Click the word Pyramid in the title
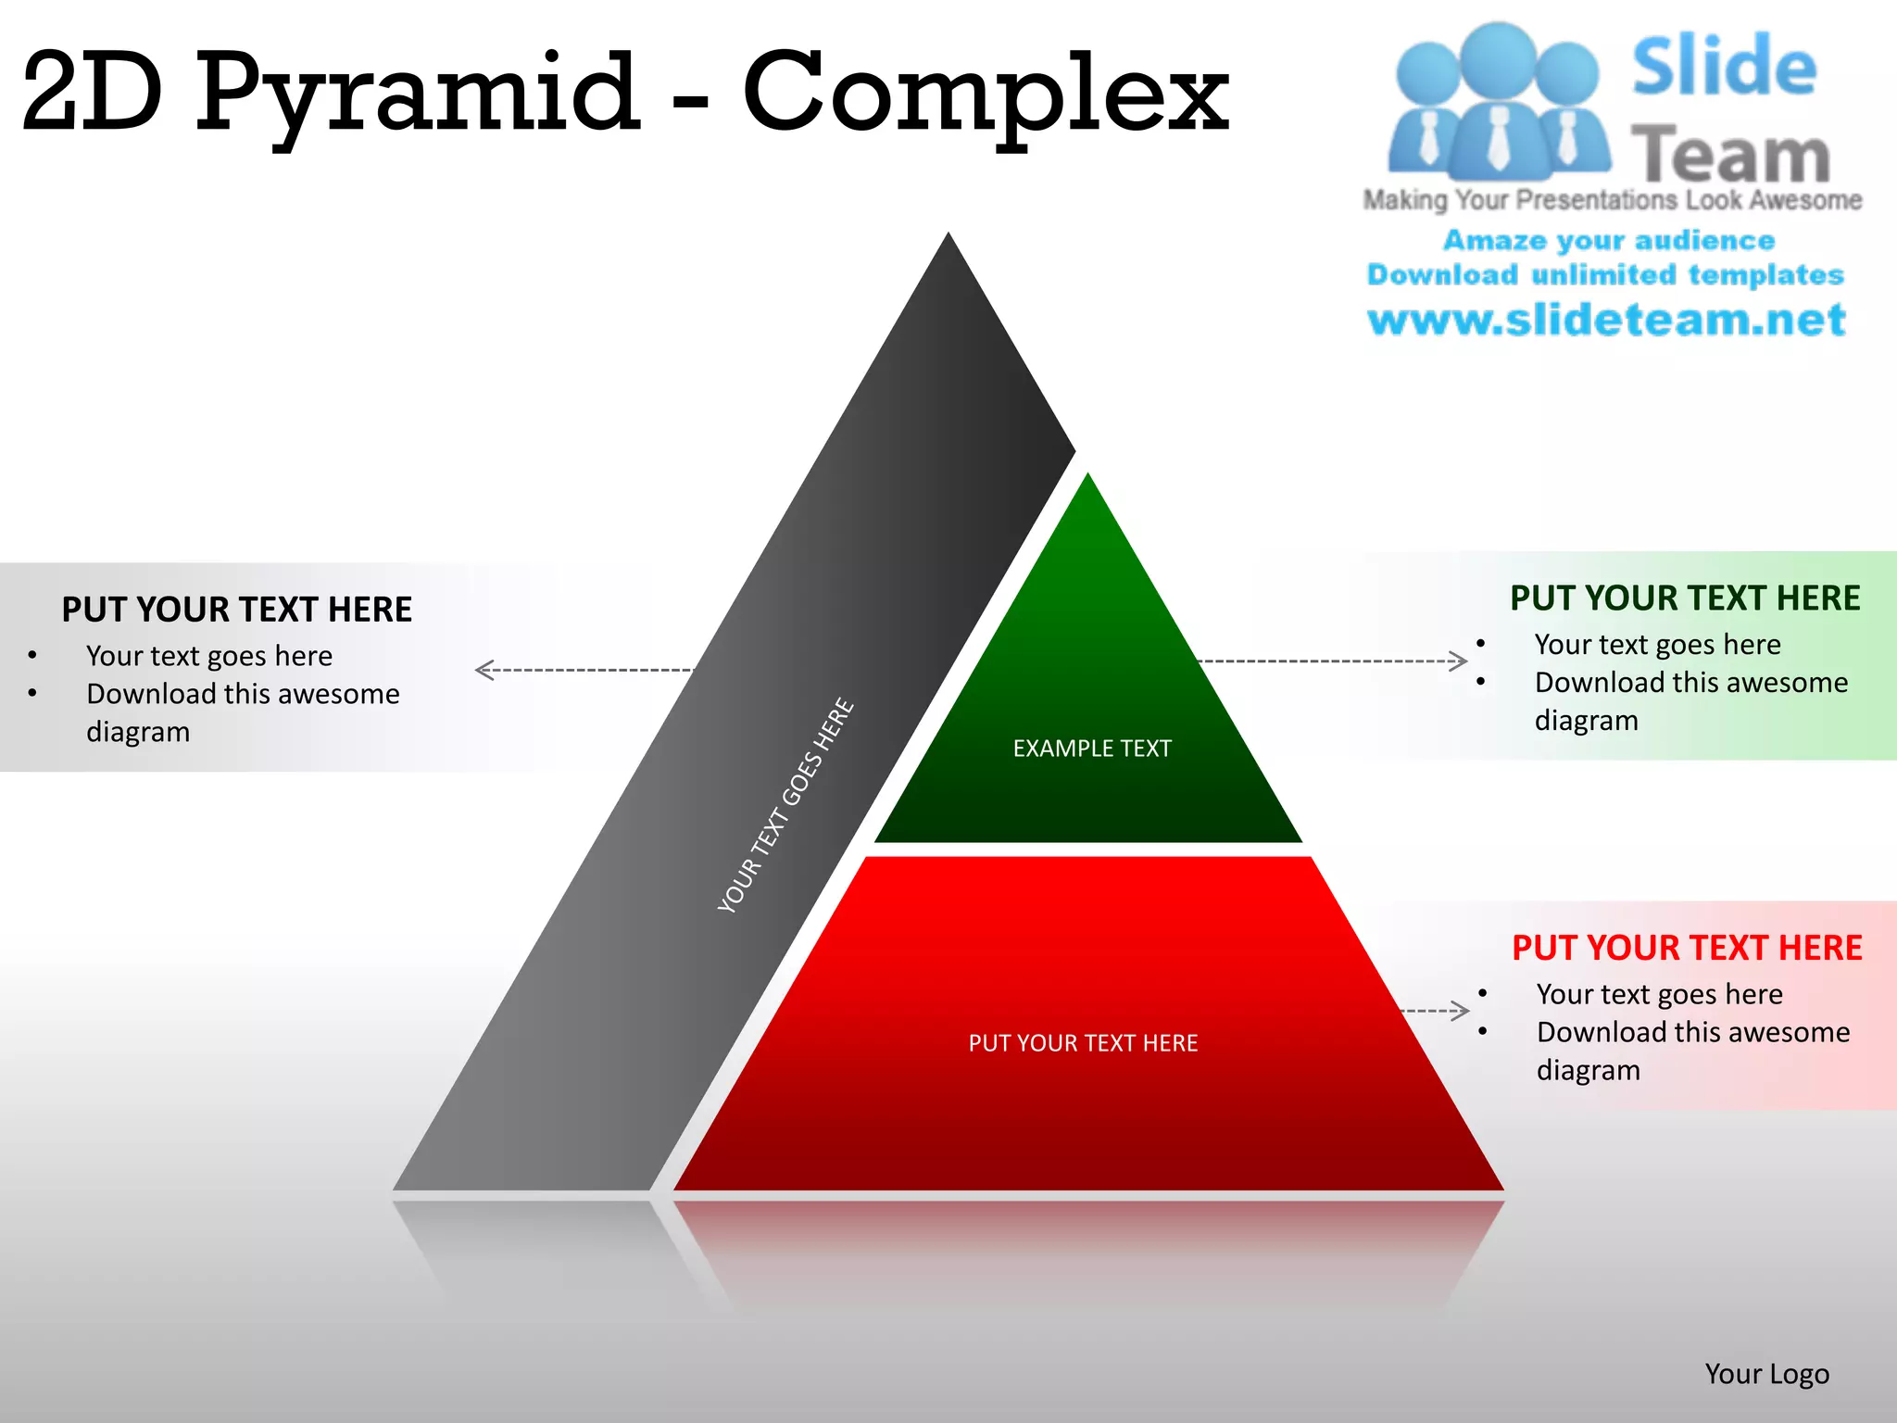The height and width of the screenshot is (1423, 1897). [417, 93]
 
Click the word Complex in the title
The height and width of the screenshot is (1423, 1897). [986, 93]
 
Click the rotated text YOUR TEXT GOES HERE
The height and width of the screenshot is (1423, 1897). [785, 805]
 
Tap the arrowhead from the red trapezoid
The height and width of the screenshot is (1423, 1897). [1462, 1010]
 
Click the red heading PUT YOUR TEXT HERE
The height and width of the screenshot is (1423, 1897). [1687, 948]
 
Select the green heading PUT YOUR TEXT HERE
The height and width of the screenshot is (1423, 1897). [1685, 598]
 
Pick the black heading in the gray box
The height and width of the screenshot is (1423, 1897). [237, 610]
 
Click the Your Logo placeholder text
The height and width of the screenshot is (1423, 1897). [1766, 1374]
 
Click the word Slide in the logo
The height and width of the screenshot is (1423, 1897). [1724, 67]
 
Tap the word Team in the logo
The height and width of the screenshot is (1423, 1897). [1730, 155]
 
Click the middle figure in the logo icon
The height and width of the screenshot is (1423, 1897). [1498, 102]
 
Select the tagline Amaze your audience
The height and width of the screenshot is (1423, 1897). [1609, 241]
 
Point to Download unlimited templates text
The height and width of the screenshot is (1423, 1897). [1606, 275]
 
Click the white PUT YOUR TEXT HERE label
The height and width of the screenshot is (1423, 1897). [1083, 1043]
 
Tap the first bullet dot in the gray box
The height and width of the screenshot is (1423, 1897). [32, 656]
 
